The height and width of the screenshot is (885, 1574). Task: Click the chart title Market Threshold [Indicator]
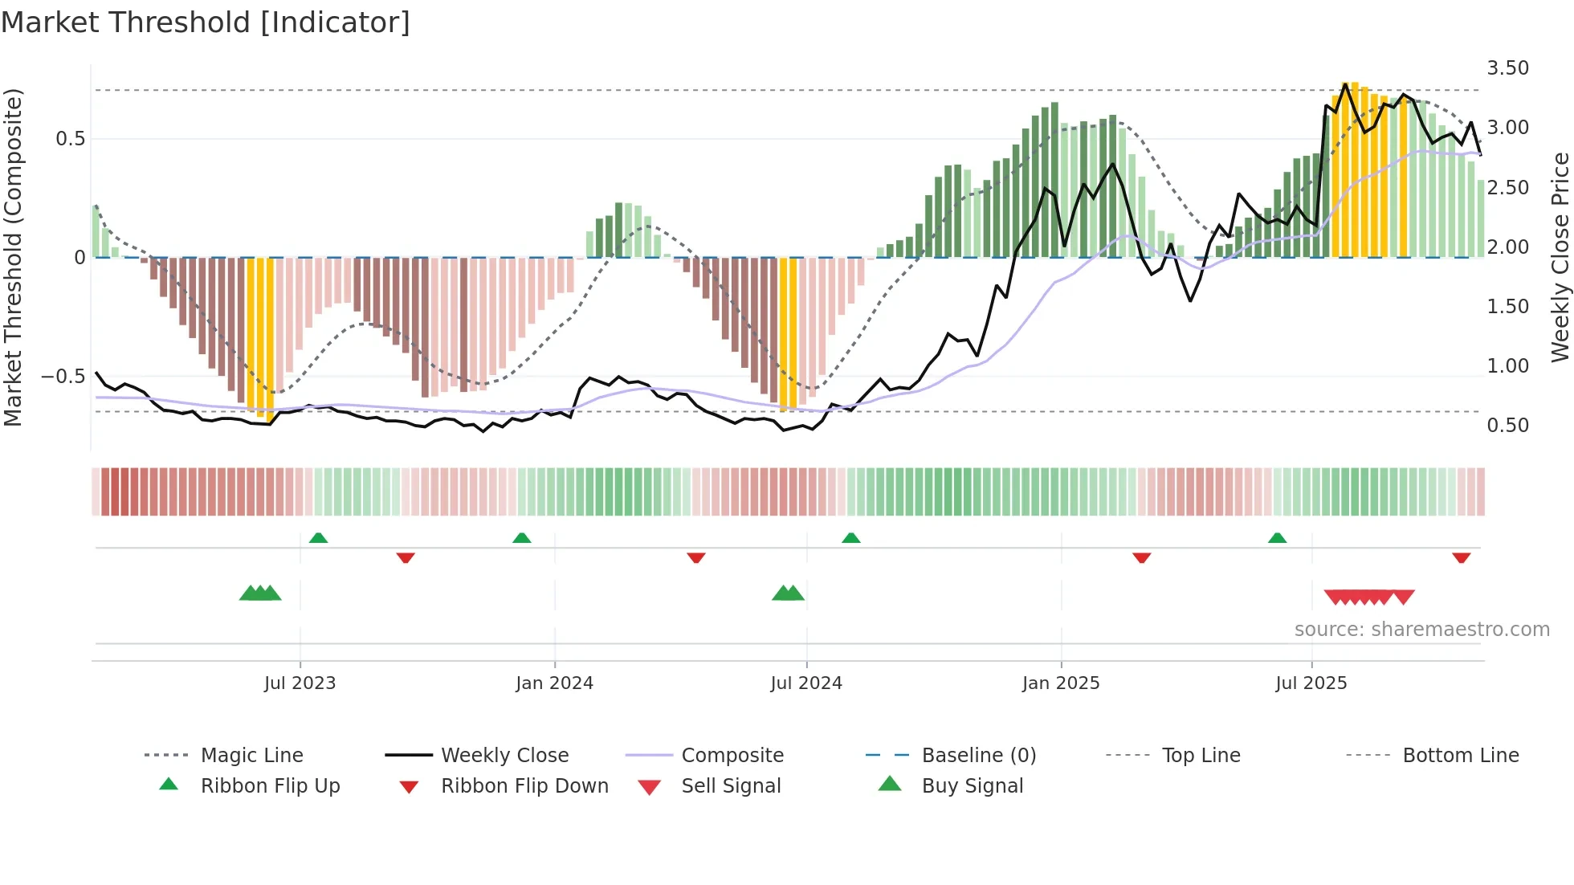click(x=206, y=22)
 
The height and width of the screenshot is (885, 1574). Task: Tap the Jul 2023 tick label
click(x=300, y=683)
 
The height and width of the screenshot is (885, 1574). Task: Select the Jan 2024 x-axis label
click(x=554, y=683)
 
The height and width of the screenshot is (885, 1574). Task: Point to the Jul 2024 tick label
click(x=806, y=683)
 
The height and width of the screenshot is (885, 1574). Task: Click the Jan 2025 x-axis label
click(x=1061, y=683)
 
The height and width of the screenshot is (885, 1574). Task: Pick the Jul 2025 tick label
click(x=1311, y=683)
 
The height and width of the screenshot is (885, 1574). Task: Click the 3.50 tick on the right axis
click(x=1507, y=68)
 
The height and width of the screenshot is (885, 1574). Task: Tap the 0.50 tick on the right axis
click(x=1507, y=426)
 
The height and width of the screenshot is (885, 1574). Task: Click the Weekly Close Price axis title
click(x=1560, y=257)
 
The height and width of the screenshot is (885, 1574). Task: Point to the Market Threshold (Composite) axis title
click(x=13, y=257)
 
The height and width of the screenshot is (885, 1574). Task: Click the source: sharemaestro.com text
click(x=1421, y=630)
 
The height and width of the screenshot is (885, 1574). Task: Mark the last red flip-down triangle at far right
click(x=1461, y=557)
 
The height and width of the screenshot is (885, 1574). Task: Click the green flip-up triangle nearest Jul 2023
click(x=318, y=537)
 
